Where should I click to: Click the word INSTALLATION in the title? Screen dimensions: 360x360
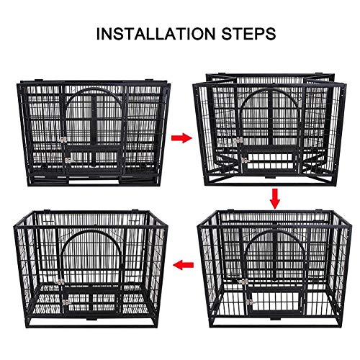click(x=156, y=34)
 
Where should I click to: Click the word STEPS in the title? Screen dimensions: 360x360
click(x=248, y=34)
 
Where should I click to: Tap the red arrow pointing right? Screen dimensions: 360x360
click(x=181, y=138)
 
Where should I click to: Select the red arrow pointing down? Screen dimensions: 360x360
click(x=274, y=199)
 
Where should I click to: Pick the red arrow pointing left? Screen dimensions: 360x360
click(x=184, y=265)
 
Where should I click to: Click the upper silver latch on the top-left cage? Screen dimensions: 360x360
click(x=63, y=140)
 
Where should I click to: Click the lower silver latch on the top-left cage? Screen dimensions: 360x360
click(x=68, y=161)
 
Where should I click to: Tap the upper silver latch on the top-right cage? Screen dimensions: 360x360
click(x=238, y=140)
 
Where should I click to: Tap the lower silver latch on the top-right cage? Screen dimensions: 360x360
click(x=245, y=160)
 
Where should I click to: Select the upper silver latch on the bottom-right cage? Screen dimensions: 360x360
click(x=244, y=282)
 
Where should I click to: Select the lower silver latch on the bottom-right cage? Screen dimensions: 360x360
click(x=250, y=302)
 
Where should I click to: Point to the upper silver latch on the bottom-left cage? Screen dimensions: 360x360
click(x=60, y=282)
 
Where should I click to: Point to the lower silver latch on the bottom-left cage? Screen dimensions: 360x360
click(x=66, y=302)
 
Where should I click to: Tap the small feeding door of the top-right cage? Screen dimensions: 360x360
click(x=270, y=159)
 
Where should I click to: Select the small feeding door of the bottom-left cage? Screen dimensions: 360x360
click(x=92, y=302)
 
